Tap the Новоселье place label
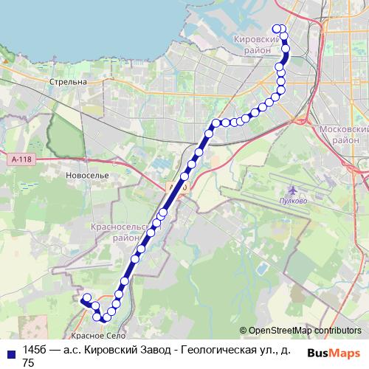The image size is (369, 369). pyautogui.click(x=87, y=176)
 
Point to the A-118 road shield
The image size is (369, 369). pyautogui.click(x=22, y=158)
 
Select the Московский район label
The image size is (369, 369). pyautogui.click(x=341, y=134)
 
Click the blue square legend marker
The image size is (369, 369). pyautogui.click(x=9, y=351)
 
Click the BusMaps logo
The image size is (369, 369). pyautogui.click(x=334, y=353)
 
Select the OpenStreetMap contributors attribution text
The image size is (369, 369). pyautogui.click(x=305, y=331)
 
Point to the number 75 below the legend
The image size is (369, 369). pyautogui.click(x=29, y=362)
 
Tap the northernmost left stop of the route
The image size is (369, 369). pyautogui.click(x=276, y=29)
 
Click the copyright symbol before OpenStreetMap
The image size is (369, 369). pyautogui.click(x=243, y=331)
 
